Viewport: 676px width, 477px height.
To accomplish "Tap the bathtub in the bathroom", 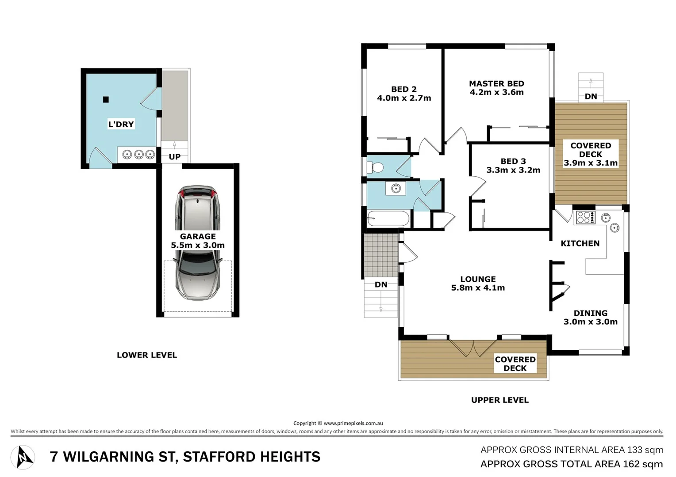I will tap(388, 219).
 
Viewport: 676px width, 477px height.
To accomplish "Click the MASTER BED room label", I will tap(496, 83).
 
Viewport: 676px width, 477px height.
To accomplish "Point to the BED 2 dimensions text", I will tap(404, 98).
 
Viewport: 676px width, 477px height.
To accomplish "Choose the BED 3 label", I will tap(513, 161).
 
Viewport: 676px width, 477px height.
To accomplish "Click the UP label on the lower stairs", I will tap(174, 157).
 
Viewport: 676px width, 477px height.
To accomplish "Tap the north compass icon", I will tap(23, 457).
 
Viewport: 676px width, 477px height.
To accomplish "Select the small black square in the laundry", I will tap(106, 100).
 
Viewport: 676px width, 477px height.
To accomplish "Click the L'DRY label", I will tap(121, 124).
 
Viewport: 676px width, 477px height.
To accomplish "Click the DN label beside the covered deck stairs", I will tap(591, 96).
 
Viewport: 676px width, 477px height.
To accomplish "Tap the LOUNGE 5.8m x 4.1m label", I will tap(478, 283).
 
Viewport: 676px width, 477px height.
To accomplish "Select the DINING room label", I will tap(590, 313).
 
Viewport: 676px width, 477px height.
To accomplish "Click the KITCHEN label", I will tap(580, 243).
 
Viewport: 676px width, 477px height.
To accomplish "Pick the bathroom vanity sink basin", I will tap(396, 189).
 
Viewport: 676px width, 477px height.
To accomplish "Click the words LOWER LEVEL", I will tap(147, 355).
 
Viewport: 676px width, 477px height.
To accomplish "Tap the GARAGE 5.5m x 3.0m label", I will tap(198, 241).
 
